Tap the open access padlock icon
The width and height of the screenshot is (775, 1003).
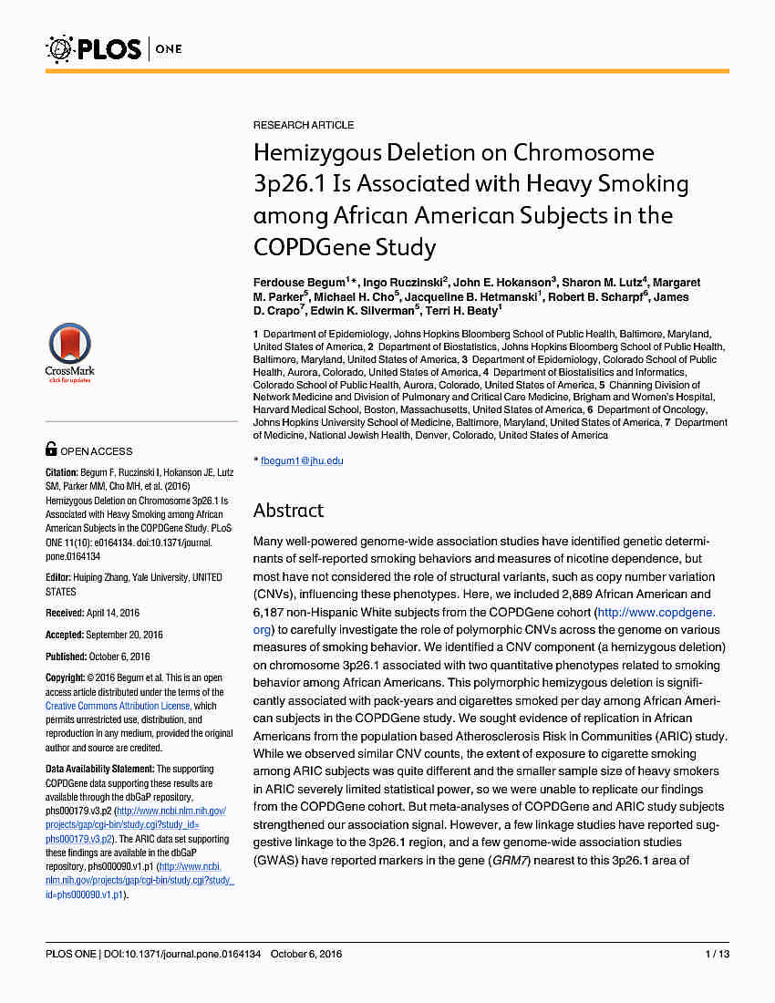point(51,450)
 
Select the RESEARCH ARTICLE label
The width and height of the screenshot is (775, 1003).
point(304,125)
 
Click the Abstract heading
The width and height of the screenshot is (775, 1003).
point(288,510)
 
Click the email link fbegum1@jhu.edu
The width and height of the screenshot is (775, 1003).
point(302,460)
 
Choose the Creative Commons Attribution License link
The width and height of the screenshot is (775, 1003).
point(118,706)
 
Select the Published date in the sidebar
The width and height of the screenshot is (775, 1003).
point(112,657)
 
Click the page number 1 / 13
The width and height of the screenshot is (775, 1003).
point(717,954)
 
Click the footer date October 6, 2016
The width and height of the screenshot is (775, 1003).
point(306,954)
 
